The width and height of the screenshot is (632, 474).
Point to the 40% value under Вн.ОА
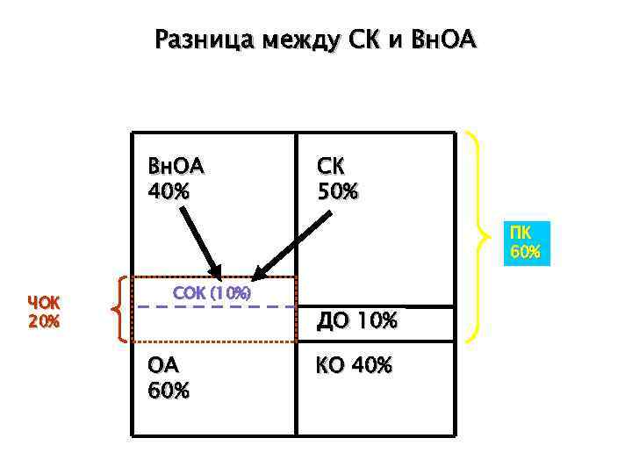click(169, 190)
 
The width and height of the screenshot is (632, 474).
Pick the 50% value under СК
click(337, 190)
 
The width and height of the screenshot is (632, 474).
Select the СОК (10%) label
click(212, 291)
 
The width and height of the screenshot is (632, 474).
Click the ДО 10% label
click(357, 322)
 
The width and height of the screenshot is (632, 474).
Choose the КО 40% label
click(354, 364)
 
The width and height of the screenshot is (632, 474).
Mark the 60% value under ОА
click(169, 390)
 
